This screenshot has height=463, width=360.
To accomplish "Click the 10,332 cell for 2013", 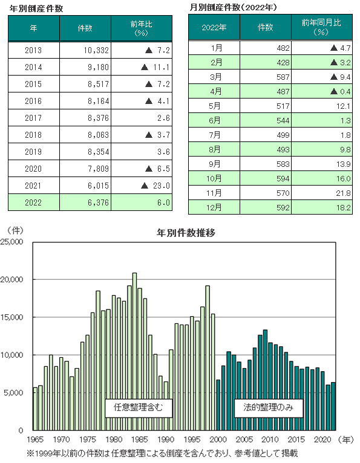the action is [x=85, y=50].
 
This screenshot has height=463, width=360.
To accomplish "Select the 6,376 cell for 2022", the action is [x=85, y=202].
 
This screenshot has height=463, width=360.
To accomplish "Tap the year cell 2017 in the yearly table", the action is [x=34, y=118].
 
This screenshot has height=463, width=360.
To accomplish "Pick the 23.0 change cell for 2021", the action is [x=142, y=186].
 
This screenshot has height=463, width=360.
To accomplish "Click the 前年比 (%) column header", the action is [x=142, y=28].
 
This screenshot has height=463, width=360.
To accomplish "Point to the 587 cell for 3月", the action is [x=266, y=77].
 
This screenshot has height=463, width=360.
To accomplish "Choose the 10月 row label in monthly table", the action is [x=214, y=178].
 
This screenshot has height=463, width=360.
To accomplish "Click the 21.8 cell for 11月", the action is [x=322, y=193].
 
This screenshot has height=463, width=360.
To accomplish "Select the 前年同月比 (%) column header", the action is [x=322, y=27].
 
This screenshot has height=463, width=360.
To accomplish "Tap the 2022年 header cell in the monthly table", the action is [x=214, y=27].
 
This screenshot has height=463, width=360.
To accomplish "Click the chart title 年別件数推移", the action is [x=186, y=233].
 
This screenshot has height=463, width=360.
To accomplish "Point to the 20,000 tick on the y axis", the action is [x=11, y=279].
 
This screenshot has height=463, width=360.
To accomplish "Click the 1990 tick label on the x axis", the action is [x=166, y=439].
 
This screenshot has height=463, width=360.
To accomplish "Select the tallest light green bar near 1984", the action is [x=134, y=351].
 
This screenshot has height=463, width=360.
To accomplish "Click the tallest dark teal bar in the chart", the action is [x=265, y=380].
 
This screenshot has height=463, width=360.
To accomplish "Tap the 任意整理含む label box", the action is [x=139, y=408].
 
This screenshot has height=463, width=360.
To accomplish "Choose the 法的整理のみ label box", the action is [x=269, y=408].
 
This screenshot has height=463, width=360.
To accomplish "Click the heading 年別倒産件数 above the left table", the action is [x=36, y=8].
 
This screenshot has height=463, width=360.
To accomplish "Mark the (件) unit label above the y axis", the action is [x=15, y=231].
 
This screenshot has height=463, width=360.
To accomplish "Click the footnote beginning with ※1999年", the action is [x=162, y=453].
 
